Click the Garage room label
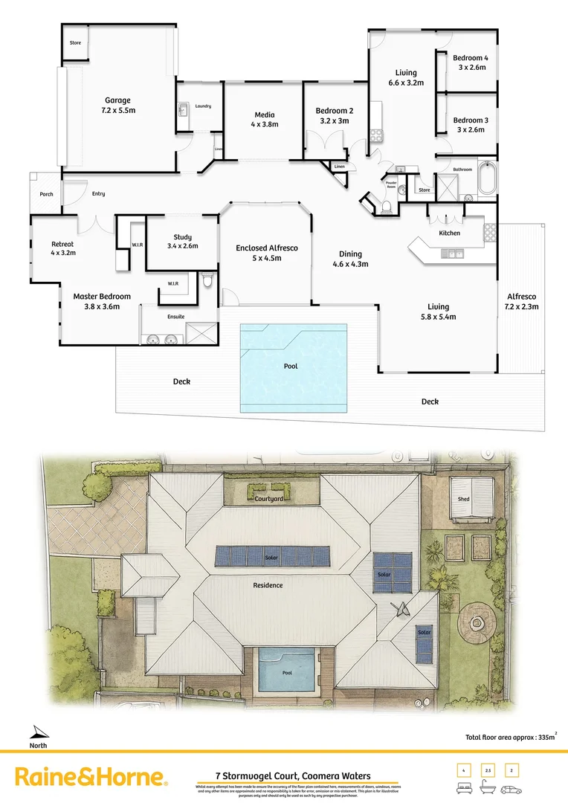pos(117,100)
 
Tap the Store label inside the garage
pos(75,43)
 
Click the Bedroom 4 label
pos(471,58)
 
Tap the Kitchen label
pos(449,233)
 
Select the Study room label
pos(182,237)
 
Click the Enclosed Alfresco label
pos(267,248)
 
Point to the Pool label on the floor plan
pos(292,367)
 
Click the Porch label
pos(45,194)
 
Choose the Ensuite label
pos(175,317)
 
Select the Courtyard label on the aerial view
pos(268,499)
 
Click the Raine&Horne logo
pos(91,778)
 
